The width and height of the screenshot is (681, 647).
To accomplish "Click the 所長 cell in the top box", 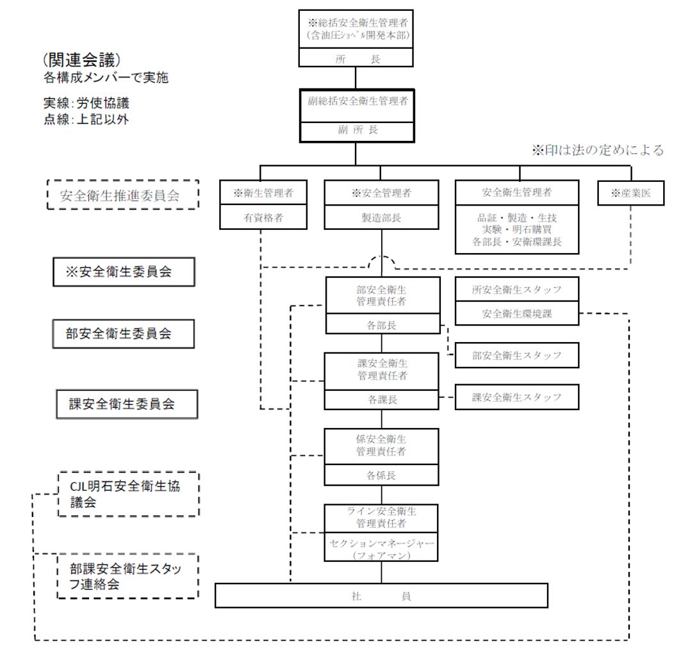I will pos(356,58).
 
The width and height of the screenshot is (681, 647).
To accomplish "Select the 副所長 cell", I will pos(357,129).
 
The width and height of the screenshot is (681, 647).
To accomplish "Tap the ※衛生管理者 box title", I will pos(259,193).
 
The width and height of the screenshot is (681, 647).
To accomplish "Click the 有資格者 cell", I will pos(259,217).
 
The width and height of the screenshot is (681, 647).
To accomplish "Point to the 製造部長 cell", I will pos(382,217).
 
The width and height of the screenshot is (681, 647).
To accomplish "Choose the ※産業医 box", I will pos(631,193).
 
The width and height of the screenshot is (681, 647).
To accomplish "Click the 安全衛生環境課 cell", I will pos(516,314).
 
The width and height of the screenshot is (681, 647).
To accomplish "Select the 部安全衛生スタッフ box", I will pos(516,356).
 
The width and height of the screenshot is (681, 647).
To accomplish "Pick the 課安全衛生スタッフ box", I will pos(516,397).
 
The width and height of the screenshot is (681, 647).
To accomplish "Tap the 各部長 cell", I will pos(382,325).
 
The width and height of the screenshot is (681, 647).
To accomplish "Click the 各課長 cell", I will pos(382,400).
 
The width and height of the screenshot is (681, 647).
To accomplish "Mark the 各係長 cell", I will pos(382,476).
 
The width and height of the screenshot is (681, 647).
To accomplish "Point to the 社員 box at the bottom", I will pos(381,596).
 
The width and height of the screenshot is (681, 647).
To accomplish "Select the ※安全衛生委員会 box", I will pos(124,272).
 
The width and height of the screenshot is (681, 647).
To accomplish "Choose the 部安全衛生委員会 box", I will pos(124,334).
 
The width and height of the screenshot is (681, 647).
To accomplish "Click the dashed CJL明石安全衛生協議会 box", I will pos(128,494).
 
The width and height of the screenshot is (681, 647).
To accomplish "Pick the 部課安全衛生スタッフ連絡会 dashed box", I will pos(128,576).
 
